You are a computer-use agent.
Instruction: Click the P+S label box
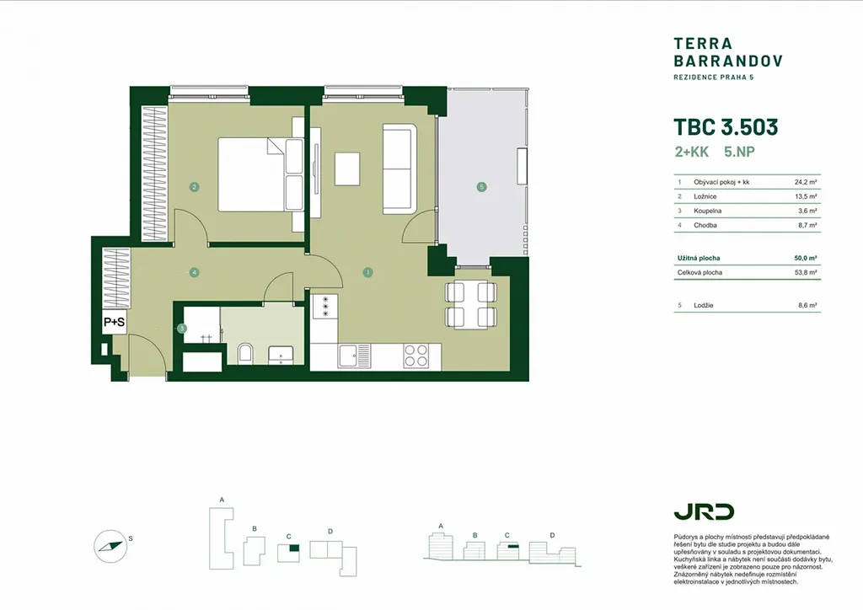point(114,323)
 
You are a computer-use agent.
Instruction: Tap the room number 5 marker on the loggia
point(481,187)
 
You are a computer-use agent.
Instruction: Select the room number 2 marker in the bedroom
point(194,187)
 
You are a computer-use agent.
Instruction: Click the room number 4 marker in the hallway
point(194,272)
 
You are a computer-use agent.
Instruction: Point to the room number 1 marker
point(367,272)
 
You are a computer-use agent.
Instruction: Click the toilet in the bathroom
point(246,353)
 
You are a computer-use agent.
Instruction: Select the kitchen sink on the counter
point(355,356)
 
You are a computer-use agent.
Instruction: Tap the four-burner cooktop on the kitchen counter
point(415,356)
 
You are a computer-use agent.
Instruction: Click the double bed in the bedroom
point(260,174)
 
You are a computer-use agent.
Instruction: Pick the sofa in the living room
point(400,169)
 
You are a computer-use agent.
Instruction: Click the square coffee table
point(347,169)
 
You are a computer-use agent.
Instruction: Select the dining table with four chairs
point(471,305)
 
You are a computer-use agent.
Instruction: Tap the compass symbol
point(110,546)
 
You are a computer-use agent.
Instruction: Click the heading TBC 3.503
point(726,127)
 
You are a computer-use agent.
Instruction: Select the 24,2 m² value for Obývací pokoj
point(805,182)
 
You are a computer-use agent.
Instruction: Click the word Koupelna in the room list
point(707,211)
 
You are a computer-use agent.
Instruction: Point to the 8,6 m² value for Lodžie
point(807,305)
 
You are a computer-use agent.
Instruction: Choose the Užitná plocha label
point(699,258)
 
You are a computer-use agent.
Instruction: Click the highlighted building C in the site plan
point(294,548)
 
